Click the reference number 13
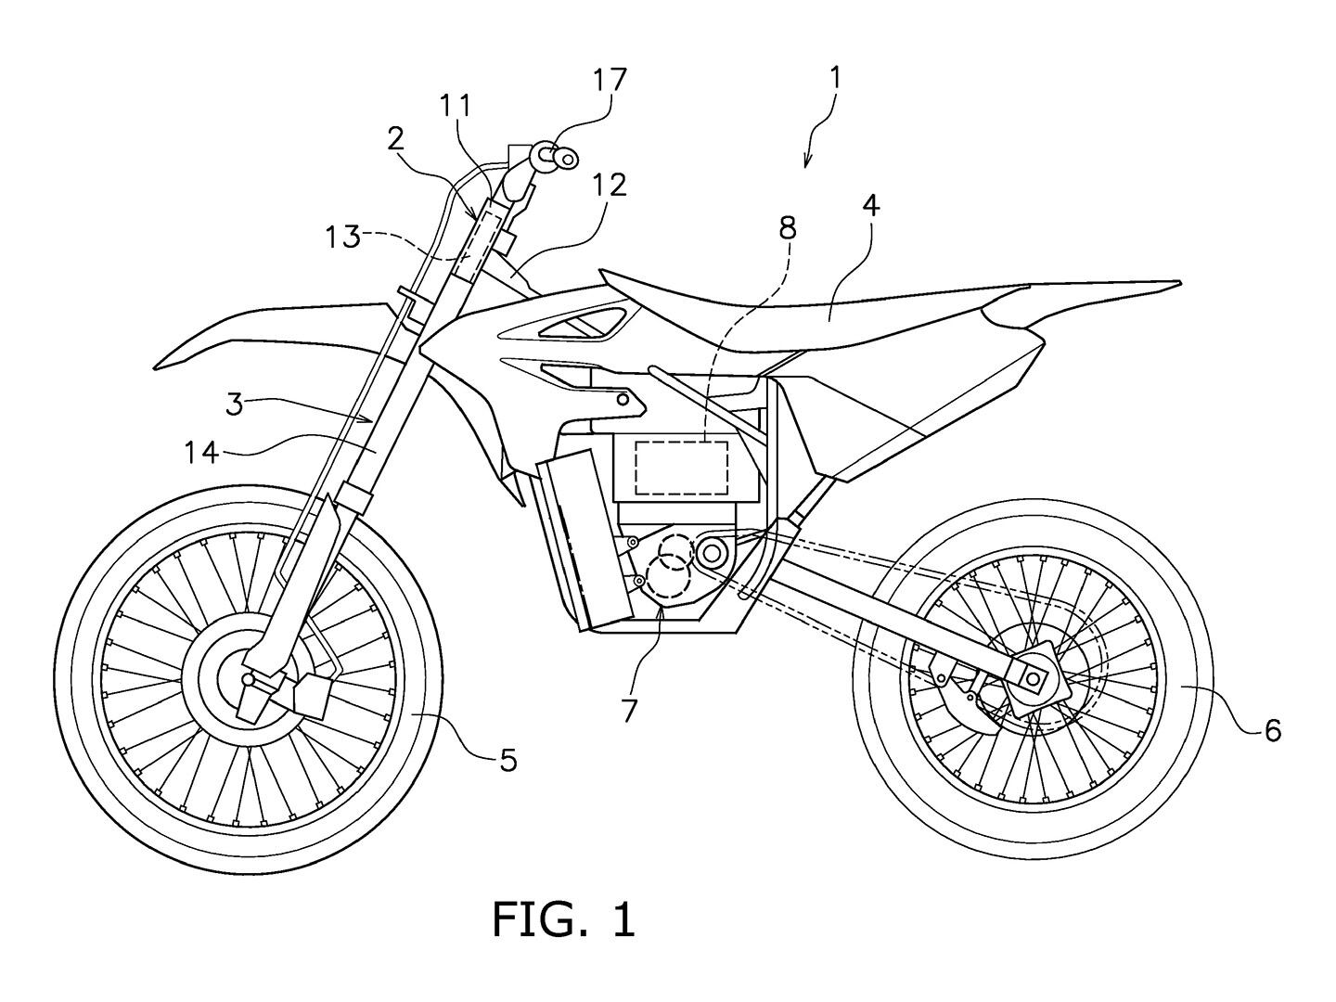coord(342,238)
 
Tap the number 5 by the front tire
coord(507,762)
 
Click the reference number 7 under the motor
coord(629,710)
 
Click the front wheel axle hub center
coord(249,680)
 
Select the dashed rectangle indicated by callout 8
coord(681,469)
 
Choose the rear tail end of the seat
coord(1178,282)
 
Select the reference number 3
coord(235,405)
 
